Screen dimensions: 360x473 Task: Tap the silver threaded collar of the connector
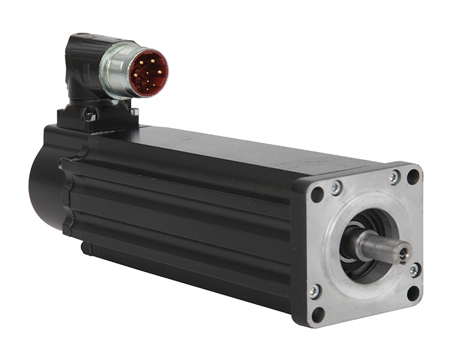116,70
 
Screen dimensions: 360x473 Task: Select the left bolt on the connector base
89,115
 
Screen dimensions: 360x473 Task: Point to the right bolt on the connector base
134,111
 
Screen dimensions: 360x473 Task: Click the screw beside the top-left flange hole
336,187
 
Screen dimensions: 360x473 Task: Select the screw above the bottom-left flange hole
315,290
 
